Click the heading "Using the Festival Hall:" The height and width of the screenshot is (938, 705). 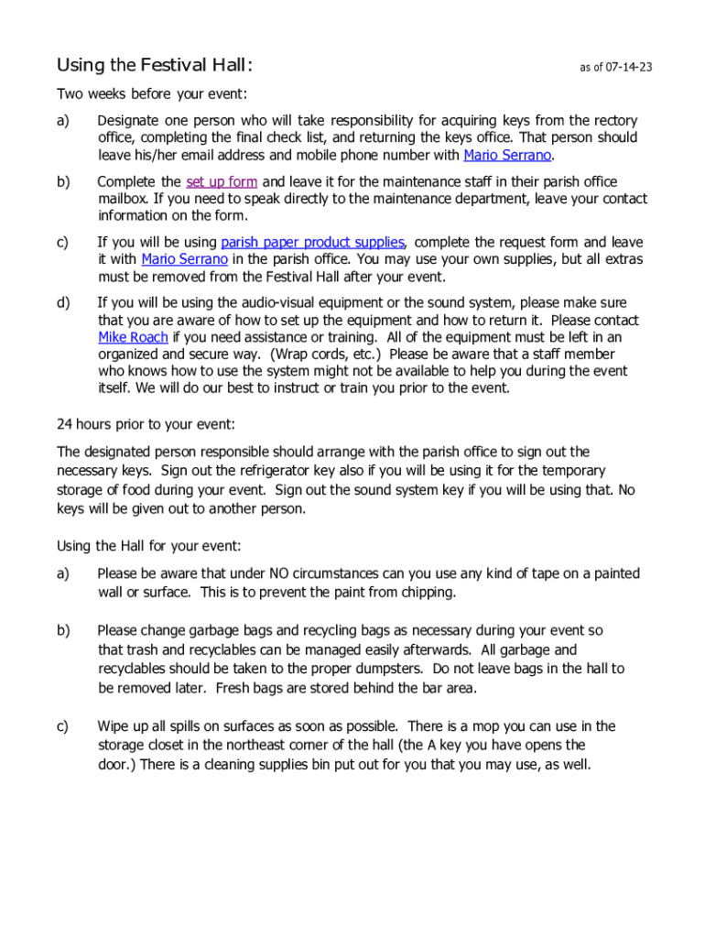coord(154,65)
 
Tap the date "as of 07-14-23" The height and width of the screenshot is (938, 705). coord(615,68)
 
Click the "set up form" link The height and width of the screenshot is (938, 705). coord(222,181)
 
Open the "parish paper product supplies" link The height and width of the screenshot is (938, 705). coord(312,242)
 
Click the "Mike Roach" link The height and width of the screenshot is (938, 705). coord(133,337)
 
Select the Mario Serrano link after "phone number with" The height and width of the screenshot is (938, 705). coord(507,155)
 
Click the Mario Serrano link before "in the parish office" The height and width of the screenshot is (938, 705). coord(184,259)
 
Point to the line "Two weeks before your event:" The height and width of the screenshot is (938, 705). coord(152,93)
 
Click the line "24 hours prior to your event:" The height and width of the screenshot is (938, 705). coord(146,424)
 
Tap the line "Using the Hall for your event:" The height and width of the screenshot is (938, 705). coord(149,546)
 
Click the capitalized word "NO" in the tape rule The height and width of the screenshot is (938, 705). coord(280,573)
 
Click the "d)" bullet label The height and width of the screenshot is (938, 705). coord(63,302)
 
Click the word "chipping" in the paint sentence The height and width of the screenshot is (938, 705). coord(427,592)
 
